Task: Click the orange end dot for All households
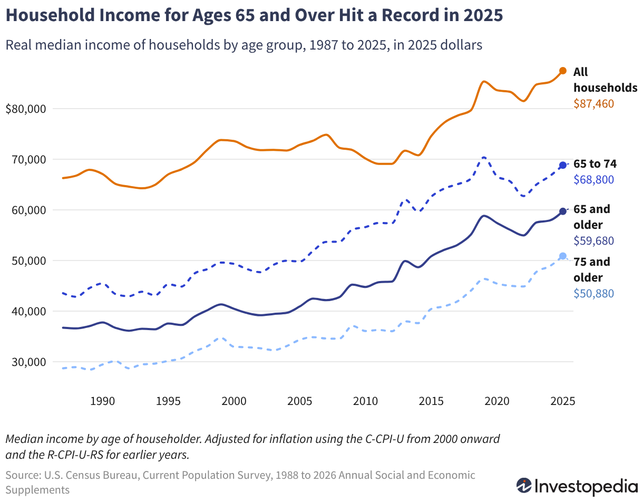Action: pos(562,71)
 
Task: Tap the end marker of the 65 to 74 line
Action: pos(562,165)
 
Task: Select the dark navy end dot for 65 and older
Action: pos(562,211)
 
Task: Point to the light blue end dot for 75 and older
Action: pos(562,256)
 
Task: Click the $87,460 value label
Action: pos(593,103)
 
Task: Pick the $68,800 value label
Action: pos(593,179)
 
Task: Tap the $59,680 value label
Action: pos(593,240)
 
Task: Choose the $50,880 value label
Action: pos(593,293)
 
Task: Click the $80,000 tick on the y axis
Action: pos(26,109)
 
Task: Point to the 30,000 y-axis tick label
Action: pos(28,362)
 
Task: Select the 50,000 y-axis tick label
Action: pos(28,260)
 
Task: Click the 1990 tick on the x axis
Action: pos(102,401)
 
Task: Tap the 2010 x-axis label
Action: pos(365,401)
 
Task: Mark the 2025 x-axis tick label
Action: pos(562,401)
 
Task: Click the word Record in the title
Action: pos(410,15)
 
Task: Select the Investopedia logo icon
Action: pos(524,486)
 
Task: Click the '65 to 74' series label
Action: pos(595,163)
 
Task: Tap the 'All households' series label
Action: pos(605,80)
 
